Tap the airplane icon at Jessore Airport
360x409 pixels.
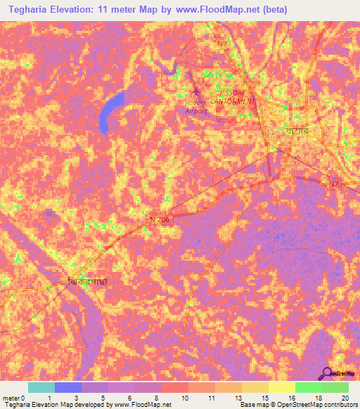(197, 92)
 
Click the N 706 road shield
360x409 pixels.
(160, 219)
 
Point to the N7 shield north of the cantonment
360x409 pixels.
(223, 43)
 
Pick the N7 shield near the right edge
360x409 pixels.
(335, 184)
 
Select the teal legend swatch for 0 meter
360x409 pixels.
(41, 387)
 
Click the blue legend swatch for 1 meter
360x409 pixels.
(68, 387)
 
